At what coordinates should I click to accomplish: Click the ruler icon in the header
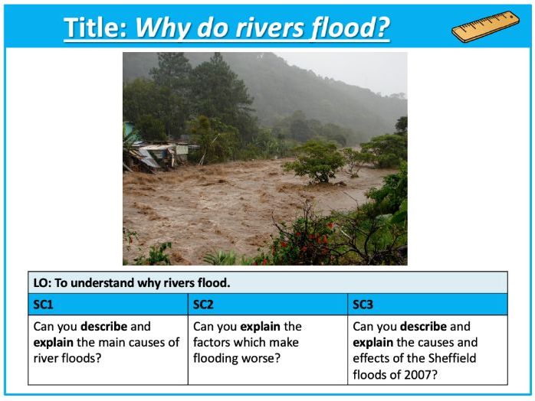click(x=484, y=27)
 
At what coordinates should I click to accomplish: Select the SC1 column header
click(x=44, y=305)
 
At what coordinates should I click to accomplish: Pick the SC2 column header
click(x=203, y=305)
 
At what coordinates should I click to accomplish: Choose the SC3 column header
click(x=363, y=305)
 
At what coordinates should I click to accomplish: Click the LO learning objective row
click(x=130, y=283)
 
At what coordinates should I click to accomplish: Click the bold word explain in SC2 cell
click(x=262, y=327)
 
